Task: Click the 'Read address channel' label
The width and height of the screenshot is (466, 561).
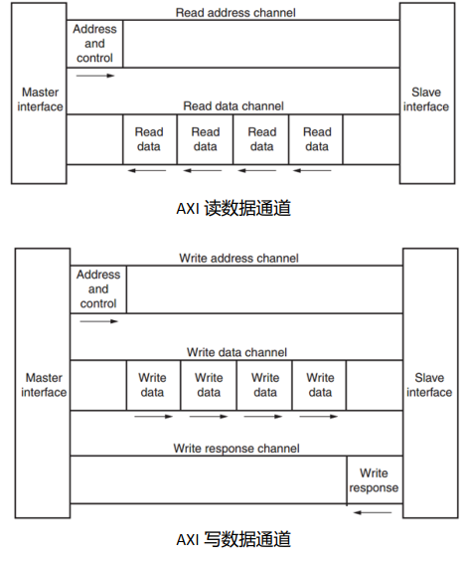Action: point(234,13)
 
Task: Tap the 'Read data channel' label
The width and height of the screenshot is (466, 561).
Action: point(233,105)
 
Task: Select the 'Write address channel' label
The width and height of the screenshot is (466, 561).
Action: point(238,258)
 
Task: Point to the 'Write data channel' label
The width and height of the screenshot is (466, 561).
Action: point(237,352)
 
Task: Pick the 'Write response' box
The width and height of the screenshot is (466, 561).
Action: point(374,480)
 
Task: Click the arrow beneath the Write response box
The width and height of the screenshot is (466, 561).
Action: point(374,512)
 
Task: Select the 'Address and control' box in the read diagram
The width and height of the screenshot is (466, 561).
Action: point(94,44)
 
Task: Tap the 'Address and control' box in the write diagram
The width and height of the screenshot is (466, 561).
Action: point(97,289)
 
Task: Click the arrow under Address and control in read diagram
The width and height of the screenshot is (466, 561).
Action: point(95,76)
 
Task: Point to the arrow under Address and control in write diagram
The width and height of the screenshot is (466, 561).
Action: point(98,321)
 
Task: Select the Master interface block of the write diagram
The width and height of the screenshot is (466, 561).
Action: point(44,385)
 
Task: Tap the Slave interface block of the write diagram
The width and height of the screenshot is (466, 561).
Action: point(428,385)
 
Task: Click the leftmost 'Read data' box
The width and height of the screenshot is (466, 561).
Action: point(149,139)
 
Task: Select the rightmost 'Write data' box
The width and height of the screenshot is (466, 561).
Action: point(320,385)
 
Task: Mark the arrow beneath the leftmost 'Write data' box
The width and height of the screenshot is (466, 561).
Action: point(153,416)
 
